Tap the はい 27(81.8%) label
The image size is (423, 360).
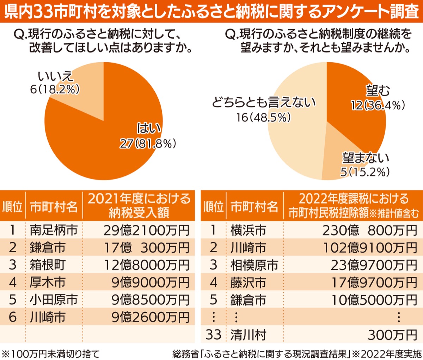(x=148, y=136)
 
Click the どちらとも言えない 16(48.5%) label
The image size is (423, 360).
(x=264, y=110)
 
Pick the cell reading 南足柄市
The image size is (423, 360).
(x=54, y=230)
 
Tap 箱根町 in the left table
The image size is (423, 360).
(x=48, y=265)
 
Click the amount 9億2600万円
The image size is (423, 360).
(x=151, y=317)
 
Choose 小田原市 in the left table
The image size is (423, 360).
(x=54, y=300)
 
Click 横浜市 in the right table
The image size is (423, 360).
(x=248, y=230)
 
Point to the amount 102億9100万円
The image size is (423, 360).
(x=370, y=248)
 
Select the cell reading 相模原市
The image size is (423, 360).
(x=254, y=265)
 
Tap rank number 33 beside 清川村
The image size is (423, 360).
(x=213, y=334)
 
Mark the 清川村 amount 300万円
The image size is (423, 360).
(x=392, y=335)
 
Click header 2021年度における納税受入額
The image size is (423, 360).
(x=139, y=206)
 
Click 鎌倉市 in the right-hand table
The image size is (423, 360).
(x=248, y=300)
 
